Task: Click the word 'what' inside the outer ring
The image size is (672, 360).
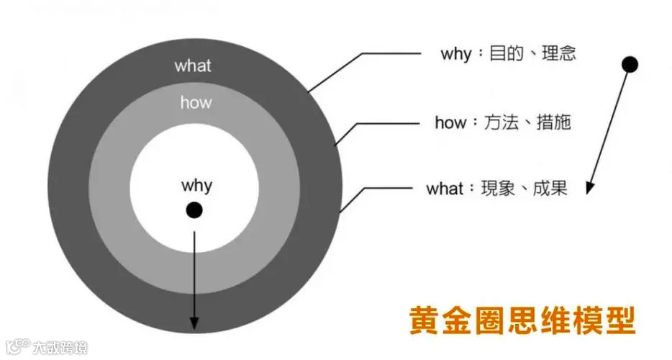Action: pyautogui.click(x=193, y=66)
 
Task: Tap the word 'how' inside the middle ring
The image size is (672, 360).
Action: pyautogui.click(x=196, y=102)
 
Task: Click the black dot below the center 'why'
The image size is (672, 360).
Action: pyautogui.click(x=194, y=210)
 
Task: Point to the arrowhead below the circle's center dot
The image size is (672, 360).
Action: pyautogui.click(x=194, y=325)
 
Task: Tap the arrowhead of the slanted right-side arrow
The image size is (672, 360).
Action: pyautogui.click(x=589, y=189)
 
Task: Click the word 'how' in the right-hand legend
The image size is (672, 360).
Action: pyautogui.click(x=450, y=122)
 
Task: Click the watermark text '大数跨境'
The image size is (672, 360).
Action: pyautogui.click(x=60, y=349)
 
